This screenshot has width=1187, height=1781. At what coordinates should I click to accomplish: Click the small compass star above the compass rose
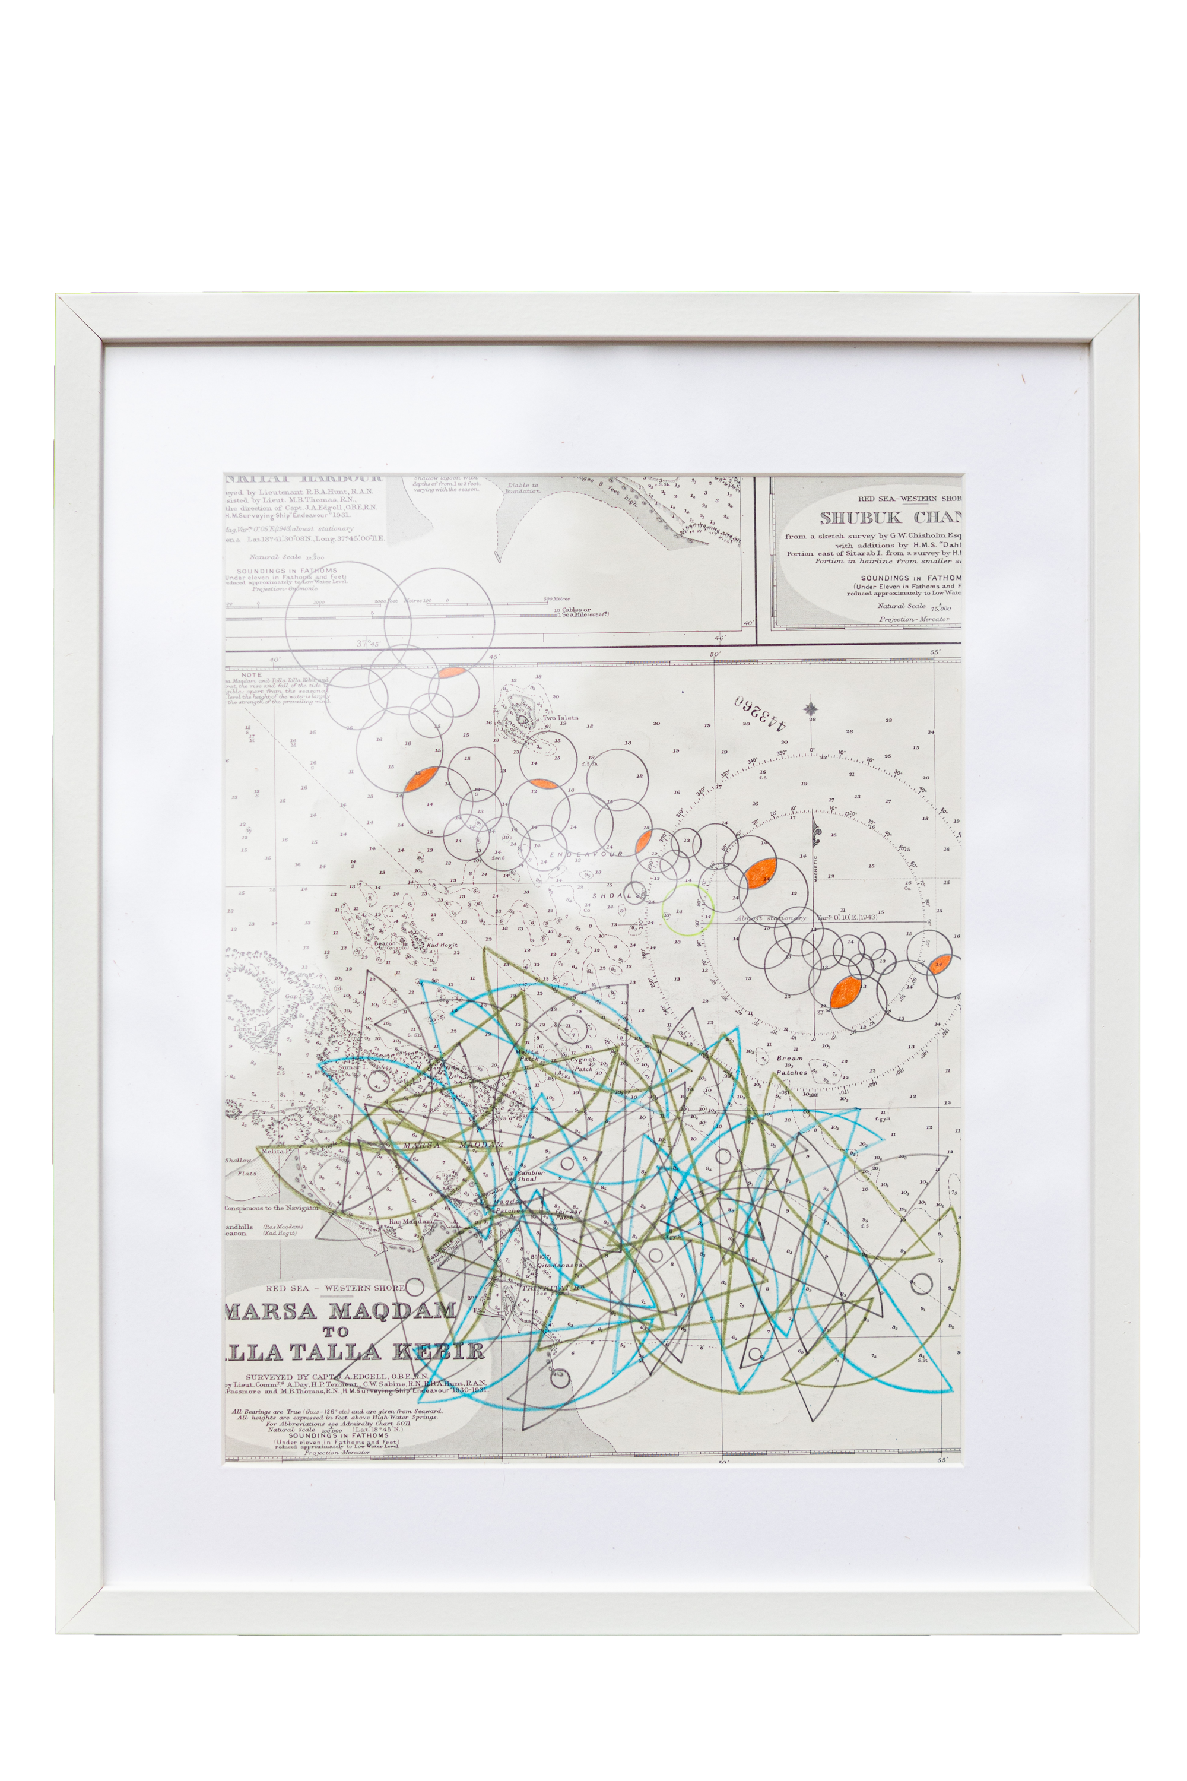coord(811,709)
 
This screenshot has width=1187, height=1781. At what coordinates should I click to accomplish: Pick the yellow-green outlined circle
coord(687,909)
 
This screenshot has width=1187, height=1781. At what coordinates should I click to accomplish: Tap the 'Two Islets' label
coord(560,718)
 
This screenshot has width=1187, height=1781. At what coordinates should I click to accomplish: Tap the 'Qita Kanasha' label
coord(560,1265)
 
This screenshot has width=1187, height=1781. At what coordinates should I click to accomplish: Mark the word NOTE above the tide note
coord(250,674)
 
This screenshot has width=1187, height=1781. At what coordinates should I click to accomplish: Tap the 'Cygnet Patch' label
coord(583,1064)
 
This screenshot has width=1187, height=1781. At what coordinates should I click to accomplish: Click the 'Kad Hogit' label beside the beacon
coord(442,946)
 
